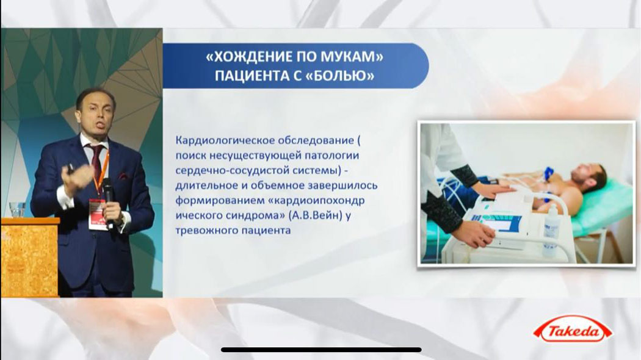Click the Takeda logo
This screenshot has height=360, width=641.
(573, 329)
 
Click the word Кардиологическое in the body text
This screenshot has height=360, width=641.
(225, 140)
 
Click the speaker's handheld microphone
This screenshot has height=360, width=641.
(108, 201)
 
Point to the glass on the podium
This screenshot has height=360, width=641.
(17, 210)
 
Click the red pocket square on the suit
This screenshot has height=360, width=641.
(124, 176)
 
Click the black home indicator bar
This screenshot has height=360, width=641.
(321, 350)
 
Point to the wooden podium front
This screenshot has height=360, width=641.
(29, 260)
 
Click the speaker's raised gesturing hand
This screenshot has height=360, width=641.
(77, 176)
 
